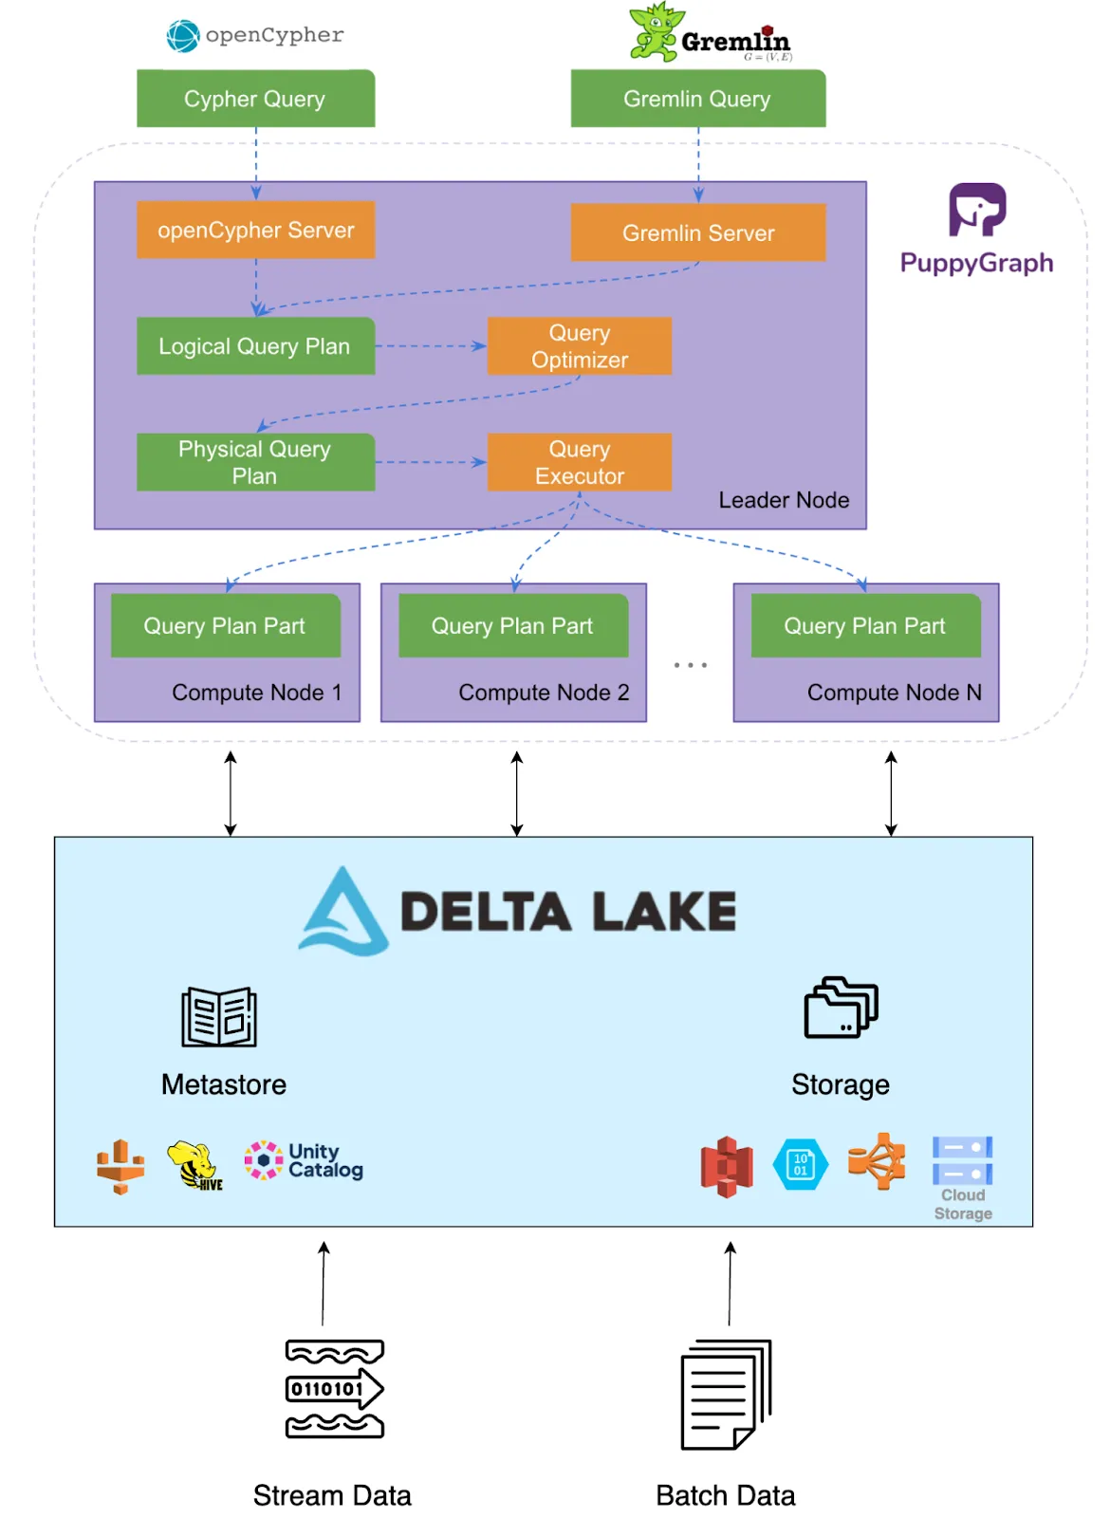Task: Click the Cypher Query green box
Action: pyautogui.click(x=255, y=99)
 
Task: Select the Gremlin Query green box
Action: pyautogui.click(x=697, y=99)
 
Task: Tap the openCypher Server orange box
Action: pyautogui.click(x=255, y=230)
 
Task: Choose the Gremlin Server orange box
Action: pyautogui.click(x=697, y=232)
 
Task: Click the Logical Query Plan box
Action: pyautogui.click(x=255, y=346)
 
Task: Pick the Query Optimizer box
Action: pyautogui.click(x=579, y=346)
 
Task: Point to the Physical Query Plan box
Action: pyautogui.click(x=255, y=462)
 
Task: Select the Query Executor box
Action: pyautogui.click(x=579, y=462)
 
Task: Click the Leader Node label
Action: pyautogui.click(x=784, y=500)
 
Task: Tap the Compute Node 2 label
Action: pyautogui.click(x=544, y=693)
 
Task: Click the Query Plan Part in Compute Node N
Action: pyautogui.click(x=865, y=625)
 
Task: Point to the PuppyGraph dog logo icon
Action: pyautogui.click(x=977, y=210)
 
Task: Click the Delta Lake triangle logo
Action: pyautogui.click(x=343, y=912)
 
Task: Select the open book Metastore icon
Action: pyautogui.click(x=219, y=1017)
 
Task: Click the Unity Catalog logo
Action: pyautogui.click(x=304, y=1160)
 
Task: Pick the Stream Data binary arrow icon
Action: pyautogui.click(x=335, y=1389)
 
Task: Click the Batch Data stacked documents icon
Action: pyautogui.click(x=726, y=1395)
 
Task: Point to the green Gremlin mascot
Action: pyautogui.click(x=656, y=33)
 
